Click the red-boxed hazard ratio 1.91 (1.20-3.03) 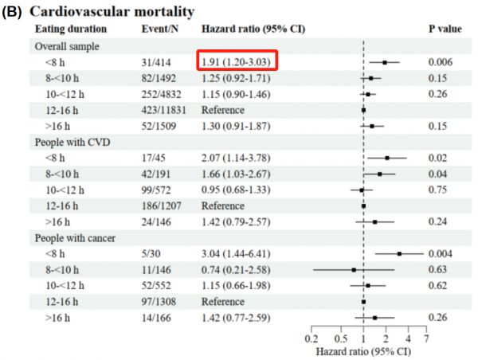pyautogui.click(x=239, y=61)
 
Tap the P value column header pyautogui.click(x=445, y=29)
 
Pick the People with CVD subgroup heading pyautogui.click(x=72, y=142)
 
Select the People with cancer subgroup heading pyautogui.click(x=76, y=238)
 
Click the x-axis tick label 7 pyautogui.click(x=426, y=338)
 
